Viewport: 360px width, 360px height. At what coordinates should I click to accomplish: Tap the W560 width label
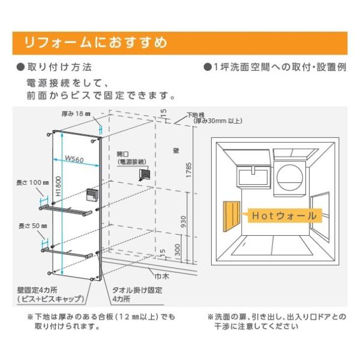[74, 160]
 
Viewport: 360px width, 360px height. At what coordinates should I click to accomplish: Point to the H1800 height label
[58, 187]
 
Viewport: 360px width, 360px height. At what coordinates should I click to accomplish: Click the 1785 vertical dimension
[189, 170]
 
